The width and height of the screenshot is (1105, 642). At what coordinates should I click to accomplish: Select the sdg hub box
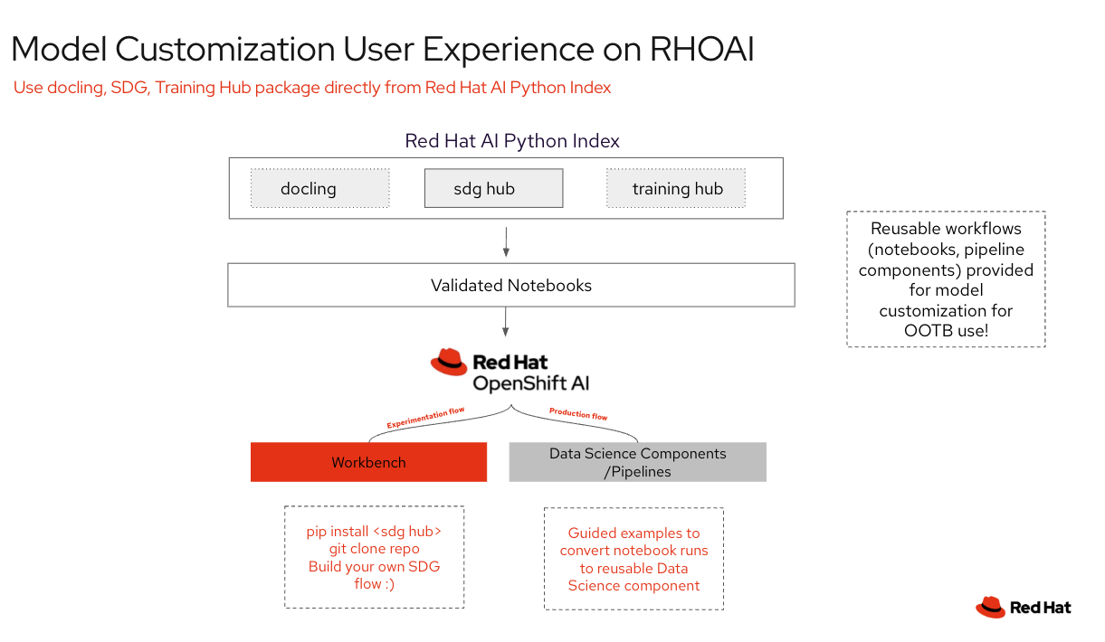click(x=493, y=188)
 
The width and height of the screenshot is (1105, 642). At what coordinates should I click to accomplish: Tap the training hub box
click(x=676, y=188)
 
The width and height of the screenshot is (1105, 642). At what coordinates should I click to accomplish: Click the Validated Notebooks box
click(x=510, y=286)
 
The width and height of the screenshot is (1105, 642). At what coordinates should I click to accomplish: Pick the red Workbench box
click(x=368, y=462)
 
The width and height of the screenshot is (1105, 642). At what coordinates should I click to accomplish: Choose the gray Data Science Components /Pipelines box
click(x=637, y=462)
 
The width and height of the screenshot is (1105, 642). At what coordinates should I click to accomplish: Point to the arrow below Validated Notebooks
click(x=506, y=322)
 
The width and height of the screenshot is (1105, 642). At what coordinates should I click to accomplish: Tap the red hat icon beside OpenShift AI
click(x=449, y=363)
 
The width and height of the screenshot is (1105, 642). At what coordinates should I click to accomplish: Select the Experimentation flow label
click(x=425, y=418)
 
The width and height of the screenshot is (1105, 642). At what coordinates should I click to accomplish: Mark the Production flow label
click(x=578, y=414)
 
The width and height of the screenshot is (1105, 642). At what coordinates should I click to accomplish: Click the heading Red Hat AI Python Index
click(x=511, y=141)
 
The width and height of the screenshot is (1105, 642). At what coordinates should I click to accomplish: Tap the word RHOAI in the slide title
click(x=701, y=49)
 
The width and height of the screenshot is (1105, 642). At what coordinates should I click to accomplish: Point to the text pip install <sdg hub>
click(x=374, y=532)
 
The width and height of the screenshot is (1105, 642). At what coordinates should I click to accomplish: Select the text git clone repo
click(x=374, y=549)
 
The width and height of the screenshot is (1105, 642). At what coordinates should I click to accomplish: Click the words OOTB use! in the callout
click(x=946, y=330)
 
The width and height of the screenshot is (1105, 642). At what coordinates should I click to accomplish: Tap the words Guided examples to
click(x=633, y=533)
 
